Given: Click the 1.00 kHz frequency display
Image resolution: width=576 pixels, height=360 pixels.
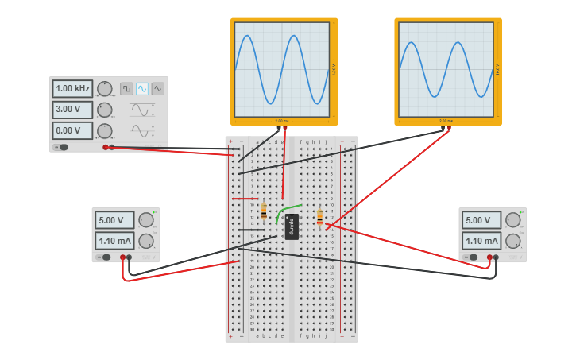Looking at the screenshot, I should tap(72, 88).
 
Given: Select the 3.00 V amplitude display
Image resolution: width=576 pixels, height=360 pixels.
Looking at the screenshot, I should tap(72, 110).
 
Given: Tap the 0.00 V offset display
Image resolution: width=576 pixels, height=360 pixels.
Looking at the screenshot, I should tap(72, 130).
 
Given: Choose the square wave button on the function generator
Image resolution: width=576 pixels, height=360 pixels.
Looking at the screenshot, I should tap(126, 88).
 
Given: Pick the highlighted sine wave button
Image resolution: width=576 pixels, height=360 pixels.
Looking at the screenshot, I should tap(142, 88).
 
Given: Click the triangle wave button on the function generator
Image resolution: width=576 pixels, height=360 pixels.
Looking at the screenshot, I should tap(158, 88).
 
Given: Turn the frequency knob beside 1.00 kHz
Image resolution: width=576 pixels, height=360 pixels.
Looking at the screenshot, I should tap(105, 88).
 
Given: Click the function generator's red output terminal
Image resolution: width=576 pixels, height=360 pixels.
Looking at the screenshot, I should tap(106, 147).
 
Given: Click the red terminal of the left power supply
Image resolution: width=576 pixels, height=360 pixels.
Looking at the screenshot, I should tap(123, 257).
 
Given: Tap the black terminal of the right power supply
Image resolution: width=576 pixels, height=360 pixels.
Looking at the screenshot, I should tap(496, 257).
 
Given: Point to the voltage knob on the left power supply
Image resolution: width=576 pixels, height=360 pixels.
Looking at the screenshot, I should tap(146, 220).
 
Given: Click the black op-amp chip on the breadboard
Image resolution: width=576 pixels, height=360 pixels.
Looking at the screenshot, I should tap(292, 226).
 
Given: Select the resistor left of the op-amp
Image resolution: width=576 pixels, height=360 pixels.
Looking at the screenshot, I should tap(264, 211).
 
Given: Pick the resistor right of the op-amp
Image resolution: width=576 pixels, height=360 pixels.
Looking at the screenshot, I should tap(320, 217).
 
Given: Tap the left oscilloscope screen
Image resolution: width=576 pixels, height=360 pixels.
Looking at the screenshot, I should tap(282, 69).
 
